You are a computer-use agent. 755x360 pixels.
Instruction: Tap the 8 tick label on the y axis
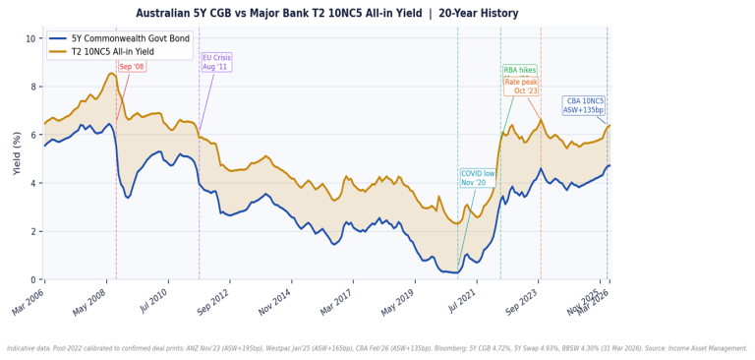click(x=32, y=87)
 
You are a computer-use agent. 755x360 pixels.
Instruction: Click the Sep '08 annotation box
click(x=131, y=67)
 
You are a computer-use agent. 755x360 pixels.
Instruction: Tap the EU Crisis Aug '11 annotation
click(x=216, y=62)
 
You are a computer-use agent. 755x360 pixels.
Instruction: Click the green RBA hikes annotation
click(x=520, y=71)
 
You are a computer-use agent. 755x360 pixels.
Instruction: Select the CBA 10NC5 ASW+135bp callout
click(x=584, y=105)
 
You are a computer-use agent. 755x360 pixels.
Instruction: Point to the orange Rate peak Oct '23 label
click(x=521, y=87)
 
